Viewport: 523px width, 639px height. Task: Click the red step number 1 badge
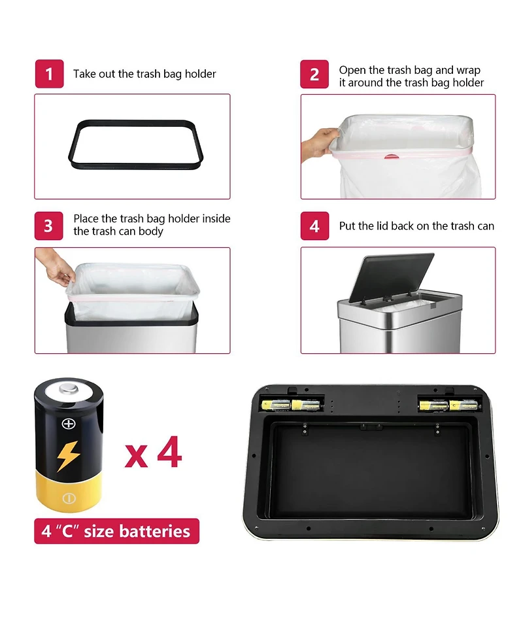pos(49,74)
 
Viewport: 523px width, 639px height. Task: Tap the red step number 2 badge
pos(314,74)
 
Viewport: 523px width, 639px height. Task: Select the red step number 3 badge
pos(49,226)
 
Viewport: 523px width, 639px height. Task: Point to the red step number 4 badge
pos(314,226)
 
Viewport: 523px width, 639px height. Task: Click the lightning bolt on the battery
pos(68,456)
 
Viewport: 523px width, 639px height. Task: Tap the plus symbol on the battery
pos(68,424)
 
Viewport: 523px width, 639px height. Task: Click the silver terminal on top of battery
pos(68,391)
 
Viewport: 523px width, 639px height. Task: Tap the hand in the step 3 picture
pos(56,268)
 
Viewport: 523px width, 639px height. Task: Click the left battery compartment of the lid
pos(293,405)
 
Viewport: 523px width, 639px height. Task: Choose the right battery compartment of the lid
pos(449,405)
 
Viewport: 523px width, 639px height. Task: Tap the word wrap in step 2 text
pos(468,70)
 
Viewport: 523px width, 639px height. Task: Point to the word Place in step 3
pos(87,219)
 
